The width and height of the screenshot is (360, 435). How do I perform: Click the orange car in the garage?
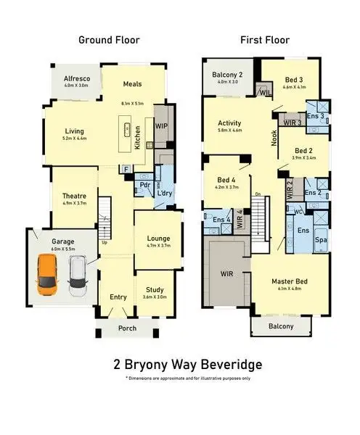pyautogui.click(x=46, y=278)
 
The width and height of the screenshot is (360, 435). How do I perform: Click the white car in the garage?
pyautogui.click(x=77, y=278)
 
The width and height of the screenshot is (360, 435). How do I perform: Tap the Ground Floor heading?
pyautogui.click(x=109, y=40)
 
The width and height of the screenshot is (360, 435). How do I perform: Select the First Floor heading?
pyautogui.click(x=265, y=40)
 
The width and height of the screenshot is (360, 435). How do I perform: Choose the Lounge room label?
pyautogui.click(x=158, y=238)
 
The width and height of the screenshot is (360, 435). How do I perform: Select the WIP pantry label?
pyautogui.click(x=161, y=125)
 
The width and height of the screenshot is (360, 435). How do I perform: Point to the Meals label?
pyautogui.click(x=132, y=83)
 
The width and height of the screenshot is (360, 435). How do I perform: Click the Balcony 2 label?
pyautogui.click(x=227, y=75)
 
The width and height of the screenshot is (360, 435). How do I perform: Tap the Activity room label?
pyautogui.click(x=229, y=123)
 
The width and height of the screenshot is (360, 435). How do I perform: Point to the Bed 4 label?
pyautogui.click(x=226, y=180)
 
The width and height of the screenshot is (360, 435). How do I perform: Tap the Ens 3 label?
pyautogui.click(x=315, y=116)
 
